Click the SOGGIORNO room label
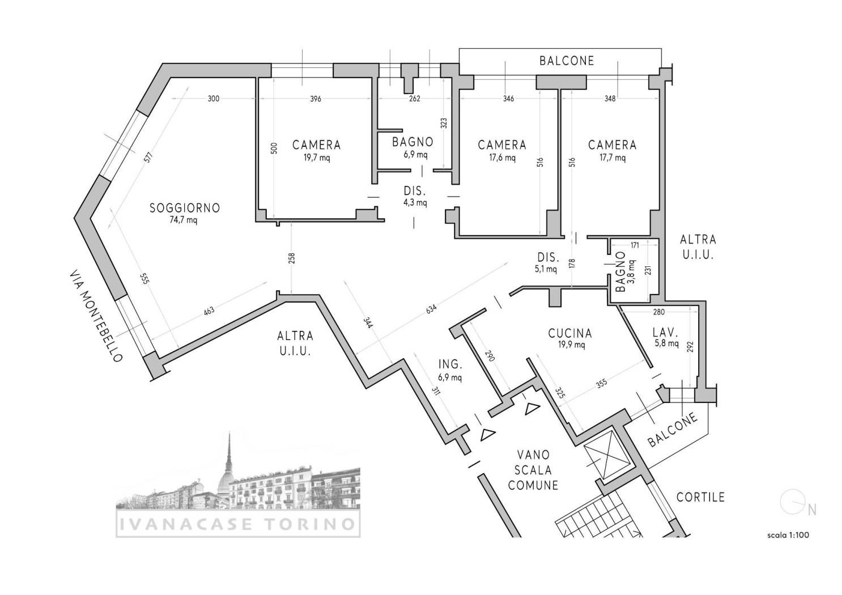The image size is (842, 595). (x=185, y=208)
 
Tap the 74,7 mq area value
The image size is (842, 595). (x=184, y=220)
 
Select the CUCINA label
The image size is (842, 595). (x=570, y=333)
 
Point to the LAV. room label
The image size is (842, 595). (x=665, y=332)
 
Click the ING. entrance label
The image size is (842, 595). (x=450, y=364)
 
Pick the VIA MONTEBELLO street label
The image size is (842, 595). (x=96, y=316)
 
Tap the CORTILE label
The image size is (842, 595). (x=700, y=498)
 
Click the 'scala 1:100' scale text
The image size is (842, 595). (x=788, y=535)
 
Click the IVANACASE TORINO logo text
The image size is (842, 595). (x=237, y=524)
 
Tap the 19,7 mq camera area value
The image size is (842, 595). (x=317, y=158)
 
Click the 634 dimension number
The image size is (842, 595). (x=431, y=309)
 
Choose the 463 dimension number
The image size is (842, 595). (x=209, y=311)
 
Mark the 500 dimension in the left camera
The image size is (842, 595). (x=274, y=148)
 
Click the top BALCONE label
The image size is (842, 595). (x=567, y=61)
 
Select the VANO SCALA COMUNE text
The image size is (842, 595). (x=533, y=470)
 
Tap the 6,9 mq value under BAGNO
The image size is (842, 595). (x=415, y=155)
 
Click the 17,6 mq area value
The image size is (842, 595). (x=502, y=158)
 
